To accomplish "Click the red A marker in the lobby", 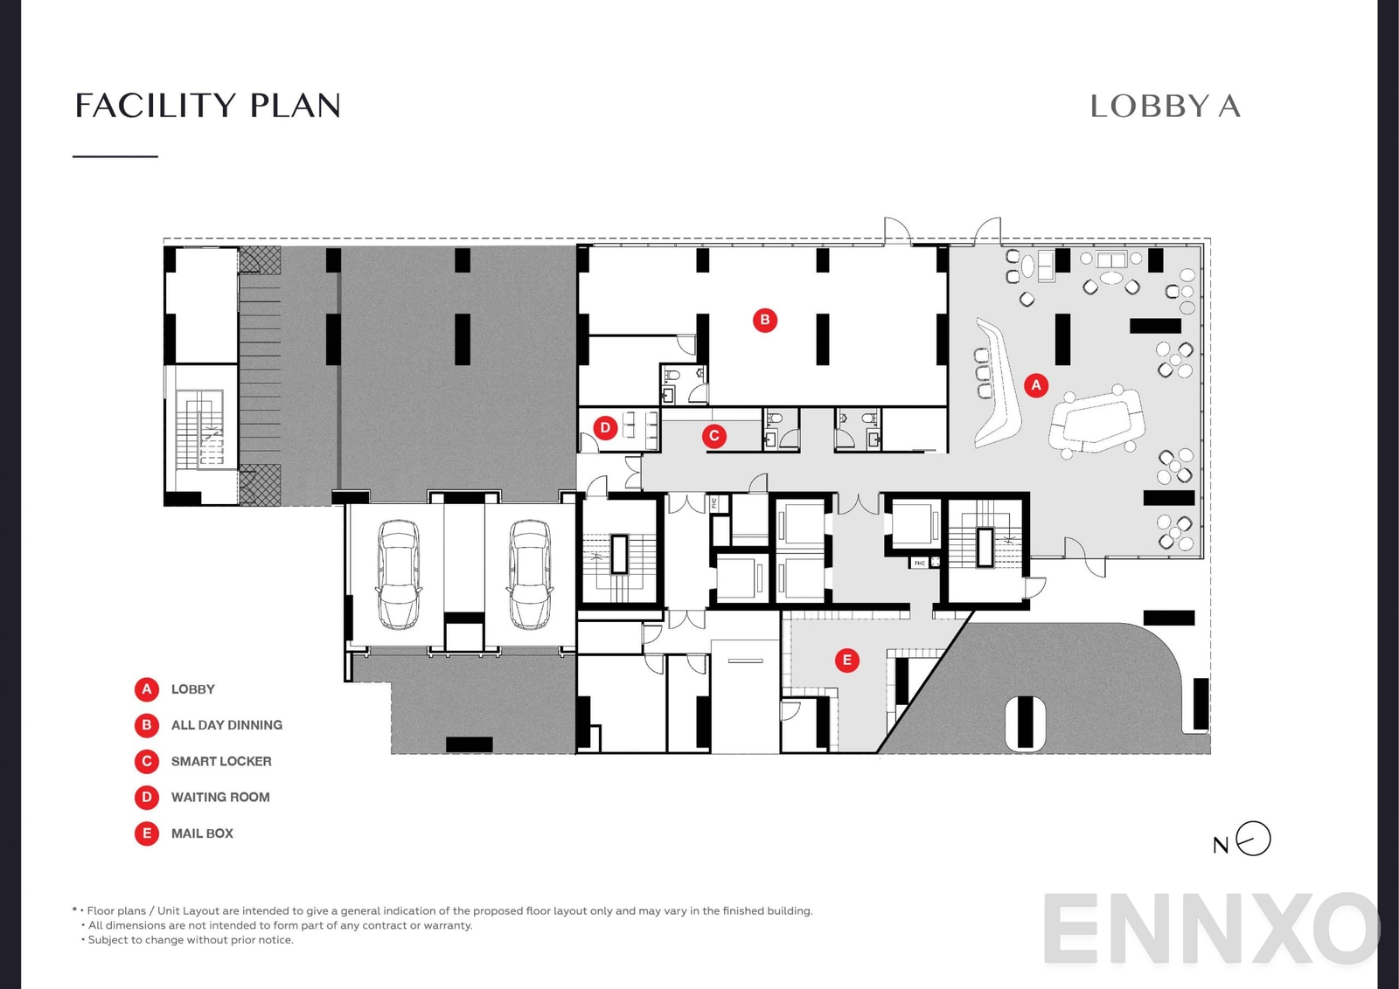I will [x=1036, y=384].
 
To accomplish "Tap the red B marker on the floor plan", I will [x=765, y=320].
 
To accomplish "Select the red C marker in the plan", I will [x=714, y=435].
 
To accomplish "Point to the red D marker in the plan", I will [x=605, y=427].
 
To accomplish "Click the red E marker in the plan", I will [x=846, y=660].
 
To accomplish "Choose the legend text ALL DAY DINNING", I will [x=226, y=725].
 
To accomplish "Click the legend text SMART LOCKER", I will [x=221, y=761].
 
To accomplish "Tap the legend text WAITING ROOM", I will [x=220, y=797].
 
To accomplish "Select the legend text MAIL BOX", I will [x=202, y=833].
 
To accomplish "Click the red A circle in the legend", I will [x=147, y=689].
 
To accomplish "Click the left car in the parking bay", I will [x=398, y=574].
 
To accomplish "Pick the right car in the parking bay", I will [x=530, y=574].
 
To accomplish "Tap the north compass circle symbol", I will [x=1254, y=839].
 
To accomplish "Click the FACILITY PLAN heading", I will [x=207, y=106].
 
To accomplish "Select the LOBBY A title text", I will [x=1165, y=107].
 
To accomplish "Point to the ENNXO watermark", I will [x=1211, y=929].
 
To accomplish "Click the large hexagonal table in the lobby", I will [x=1098, y=421].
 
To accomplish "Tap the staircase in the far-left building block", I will [x=200, y=428].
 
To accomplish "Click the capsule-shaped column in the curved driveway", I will [x=1026, y=723].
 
